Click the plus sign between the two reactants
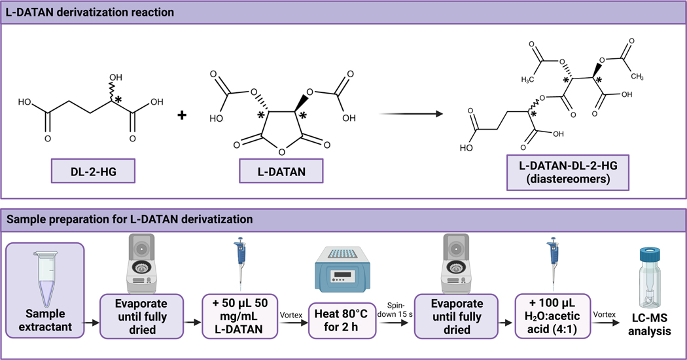pyautogui.click(x=182, y=115)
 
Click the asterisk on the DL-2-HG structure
pyautogui.click(x=119, y=100)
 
